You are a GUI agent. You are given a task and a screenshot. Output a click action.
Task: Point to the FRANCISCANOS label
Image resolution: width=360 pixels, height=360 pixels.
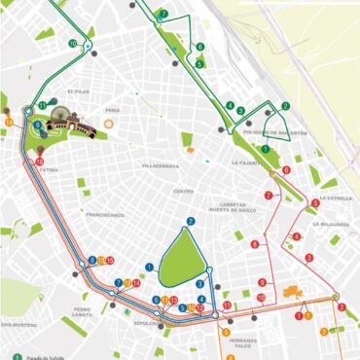pos(103,214)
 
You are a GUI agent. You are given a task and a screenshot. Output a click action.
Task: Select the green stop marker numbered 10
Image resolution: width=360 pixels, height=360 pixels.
pos(74,44)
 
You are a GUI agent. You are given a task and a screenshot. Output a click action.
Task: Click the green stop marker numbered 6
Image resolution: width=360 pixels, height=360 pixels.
pos(200,47)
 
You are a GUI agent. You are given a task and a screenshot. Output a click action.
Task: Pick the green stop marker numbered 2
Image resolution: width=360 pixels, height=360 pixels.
pos(286,106)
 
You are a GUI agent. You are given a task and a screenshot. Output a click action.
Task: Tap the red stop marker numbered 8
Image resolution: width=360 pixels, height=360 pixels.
pos(286,170)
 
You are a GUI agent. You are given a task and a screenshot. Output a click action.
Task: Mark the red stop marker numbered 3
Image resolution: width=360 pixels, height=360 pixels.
pos(308,257)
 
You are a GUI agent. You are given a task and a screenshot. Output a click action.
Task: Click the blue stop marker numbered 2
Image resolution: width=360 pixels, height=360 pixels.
pos(191,222)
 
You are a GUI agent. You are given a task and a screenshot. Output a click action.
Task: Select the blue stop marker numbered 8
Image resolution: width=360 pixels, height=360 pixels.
pos(37,126)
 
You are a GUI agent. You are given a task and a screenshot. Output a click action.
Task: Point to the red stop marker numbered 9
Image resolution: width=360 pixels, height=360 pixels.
pos(262,283)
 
